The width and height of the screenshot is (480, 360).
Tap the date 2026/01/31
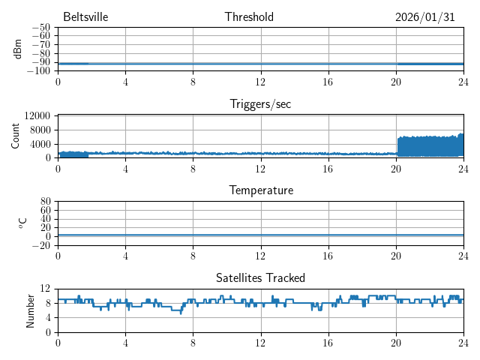click(x=425, y=17)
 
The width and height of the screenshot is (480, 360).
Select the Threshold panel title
click(x=249, y=17)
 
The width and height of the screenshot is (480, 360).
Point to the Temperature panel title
click(x=260, y=191)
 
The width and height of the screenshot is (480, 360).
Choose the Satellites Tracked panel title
click(x=260, y=278)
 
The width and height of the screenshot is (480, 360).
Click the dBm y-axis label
click(x=17, y=49)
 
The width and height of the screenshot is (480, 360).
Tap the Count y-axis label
click(x=17, y=136)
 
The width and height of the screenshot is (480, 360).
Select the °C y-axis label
click(x=22, y=223)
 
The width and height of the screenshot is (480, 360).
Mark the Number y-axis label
click(x=30, y=310)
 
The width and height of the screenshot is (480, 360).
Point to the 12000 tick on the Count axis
click(x=37, y=115)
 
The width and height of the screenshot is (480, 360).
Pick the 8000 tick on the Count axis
click(x=40, y=129)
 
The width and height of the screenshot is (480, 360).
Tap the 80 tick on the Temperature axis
click(x=45, y=202)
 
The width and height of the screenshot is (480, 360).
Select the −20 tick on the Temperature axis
click(x=42, y=245)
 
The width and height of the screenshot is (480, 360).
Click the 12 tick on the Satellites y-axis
click(x=45, y=289)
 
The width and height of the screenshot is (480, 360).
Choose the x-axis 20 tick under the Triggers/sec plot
click(x=395, y=168)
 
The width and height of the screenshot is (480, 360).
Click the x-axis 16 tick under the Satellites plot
click(x=328, y=342)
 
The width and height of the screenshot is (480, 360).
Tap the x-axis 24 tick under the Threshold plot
click(x=463, y=81)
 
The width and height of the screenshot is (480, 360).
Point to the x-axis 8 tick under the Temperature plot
click(x=193, y=255)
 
